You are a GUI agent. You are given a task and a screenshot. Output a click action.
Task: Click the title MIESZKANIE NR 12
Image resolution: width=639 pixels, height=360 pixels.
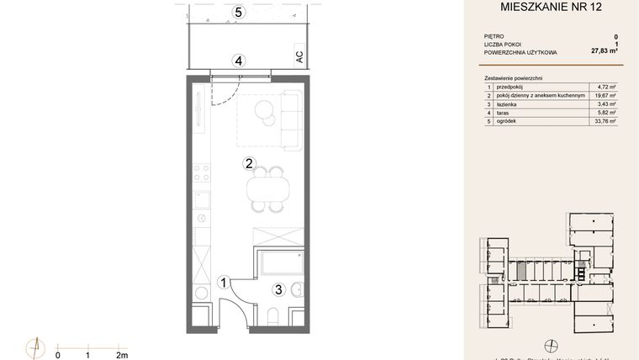click(551, 8)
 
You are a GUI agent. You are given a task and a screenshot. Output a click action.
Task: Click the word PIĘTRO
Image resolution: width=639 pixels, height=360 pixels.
click(494, 37)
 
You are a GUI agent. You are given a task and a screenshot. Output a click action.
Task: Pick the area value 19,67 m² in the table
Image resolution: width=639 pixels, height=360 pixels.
click(606, 96)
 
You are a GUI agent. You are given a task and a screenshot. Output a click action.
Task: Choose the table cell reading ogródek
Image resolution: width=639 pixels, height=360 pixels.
click(509, 121)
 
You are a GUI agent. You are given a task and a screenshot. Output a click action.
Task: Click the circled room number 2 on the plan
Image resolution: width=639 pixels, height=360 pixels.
click(249, 163)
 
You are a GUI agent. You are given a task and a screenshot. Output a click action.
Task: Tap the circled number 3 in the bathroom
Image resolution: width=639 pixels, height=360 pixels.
click(277, 290)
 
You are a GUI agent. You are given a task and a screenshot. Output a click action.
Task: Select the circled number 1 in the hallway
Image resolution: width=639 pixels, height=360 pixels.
click(223, 283)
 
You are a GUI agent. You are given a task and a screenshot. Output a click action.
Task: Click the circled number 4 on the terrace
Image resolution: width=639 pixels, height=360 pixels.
click(240, 61)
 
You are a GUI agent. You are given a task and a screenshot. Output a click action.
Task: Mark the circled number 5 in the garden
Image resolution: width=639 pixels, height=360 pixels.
click(240, 13)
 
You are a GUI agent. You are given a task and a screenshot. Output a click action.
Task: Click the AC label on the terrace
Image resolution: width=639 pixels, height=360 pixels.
click(298, 57)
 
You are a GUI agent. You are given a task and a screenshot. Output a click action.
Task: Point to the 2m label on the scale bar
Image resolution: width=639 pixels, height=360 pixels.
click(122, 355)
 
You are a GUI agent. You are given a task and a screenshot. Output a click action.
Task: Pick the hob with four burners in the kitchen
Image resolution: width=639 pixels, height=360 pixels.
click(201, 174)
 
